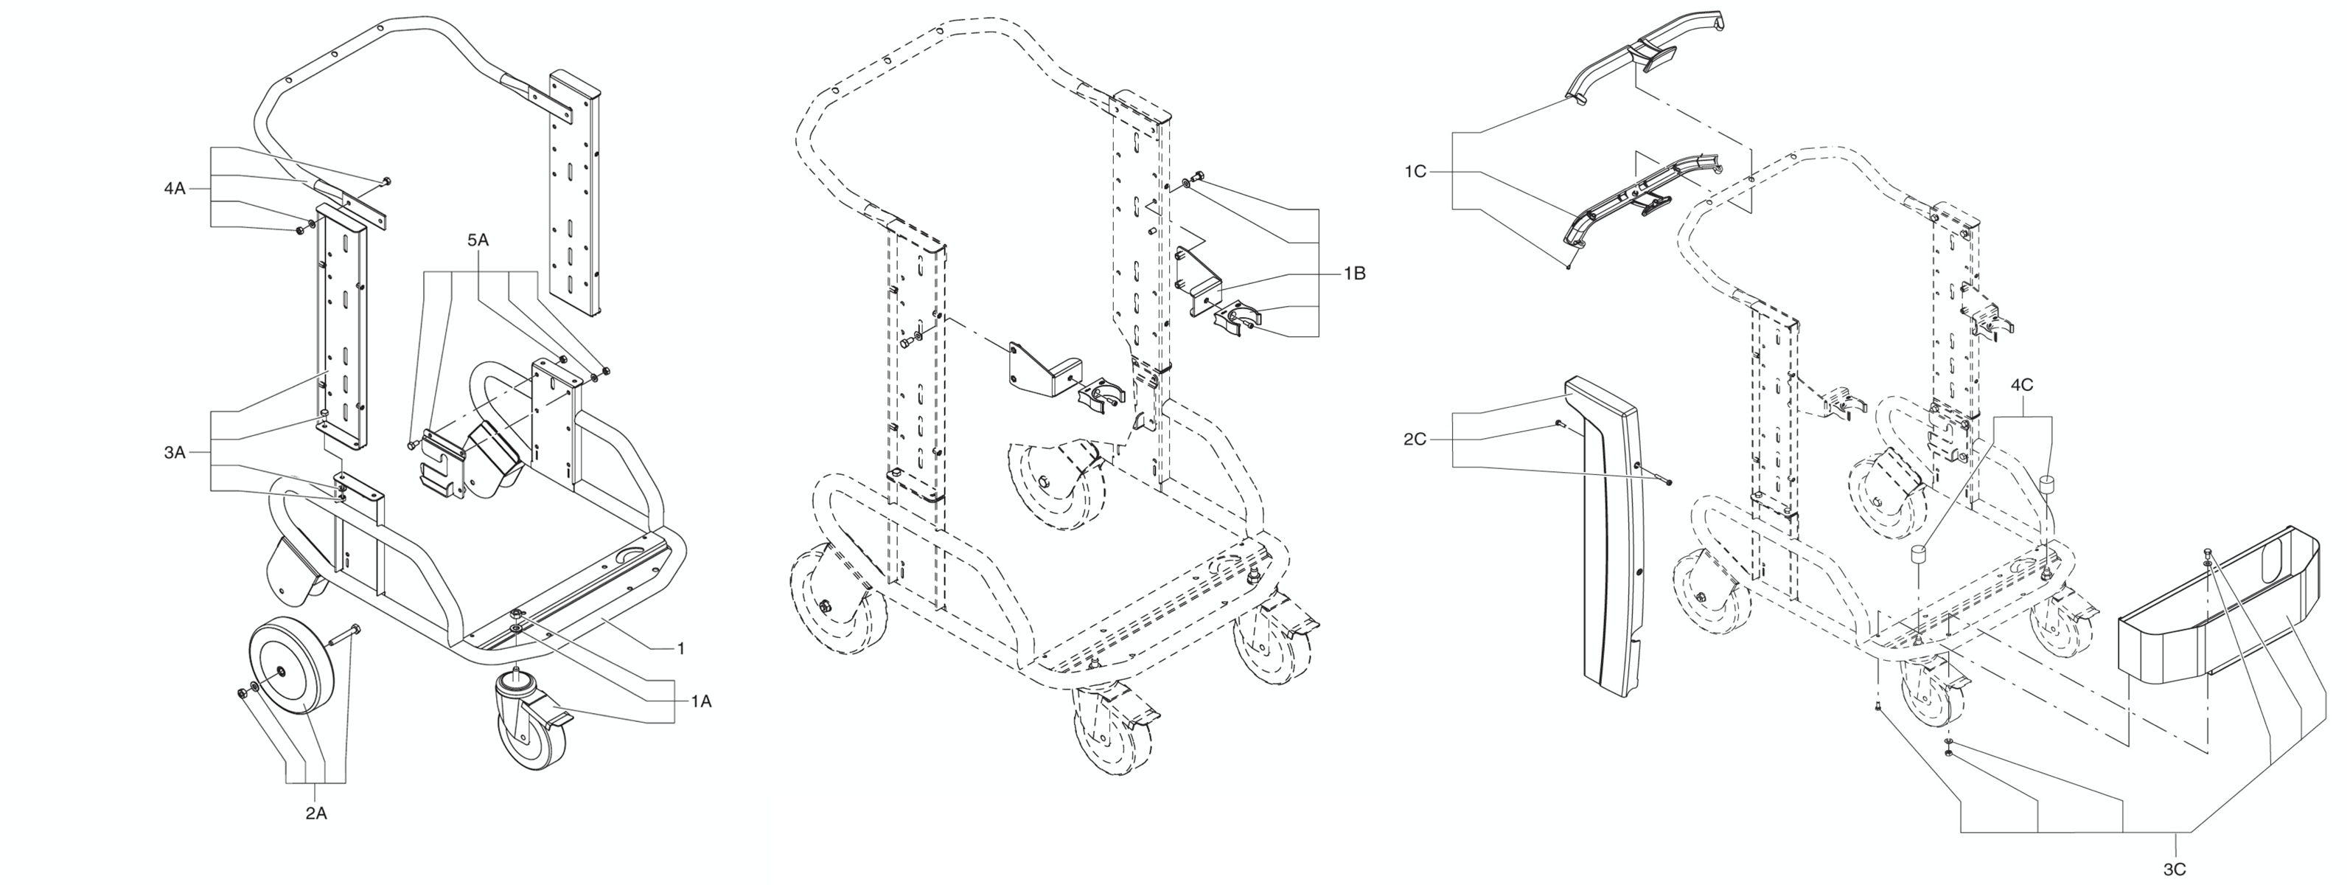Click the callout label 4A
[173, 189]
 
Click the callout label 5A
[478, 241]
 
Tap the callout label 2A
[315, 814]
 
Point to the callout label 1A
[700, 701]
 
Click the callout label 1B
[1354, 273]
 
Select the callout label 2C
[1414, 440]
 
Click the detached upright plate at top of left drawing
[575, 192]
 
